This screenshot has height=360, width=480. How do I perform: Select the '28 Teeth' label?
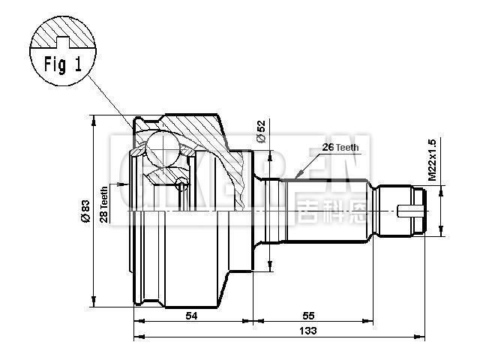[x=105, y=205]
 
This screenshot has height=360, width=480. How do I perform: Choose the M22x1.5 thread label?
[x=431, y=159]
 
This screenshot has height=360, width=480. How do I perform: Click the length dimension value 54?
[x=191, y=316]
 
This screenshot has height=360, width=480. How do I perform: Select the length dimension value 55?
[x=309, y=316]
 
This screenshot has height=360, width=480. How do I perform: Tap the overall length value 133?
[x=307, y=331]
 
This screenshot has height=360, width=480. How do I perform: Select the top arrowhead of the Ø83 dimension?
[x=93, y=119]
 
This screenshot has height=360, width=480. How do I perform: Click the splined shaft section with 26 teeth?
[x=330, y=210]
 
